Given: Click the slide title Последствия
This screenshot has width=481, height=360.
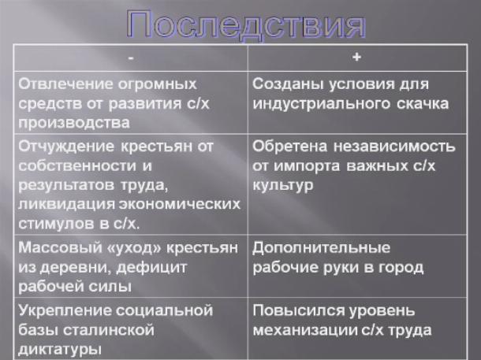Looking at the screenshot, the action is click(x=246, y=25).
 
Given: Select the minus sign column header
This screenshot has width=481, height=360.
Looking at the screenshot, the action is click(x=131, y=58).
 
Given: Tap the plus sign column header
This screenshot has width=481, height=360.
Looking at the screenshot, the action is click(x=356, y=57).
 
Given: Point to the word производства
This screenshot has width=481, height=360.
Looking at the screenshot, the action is click(x=74, y=123).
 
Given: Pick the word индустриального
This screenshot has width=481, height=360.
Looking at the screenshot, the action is click(x=321, y=104).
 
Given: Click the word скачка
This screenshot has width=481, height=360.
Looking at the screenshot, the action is click(x=423, y=104).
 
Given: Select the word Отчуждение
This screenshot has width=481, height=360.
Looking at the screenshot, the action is click(x=66, y=147).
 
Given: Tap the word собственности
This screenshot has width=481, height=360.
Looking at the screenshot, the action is click(x=76, y=166).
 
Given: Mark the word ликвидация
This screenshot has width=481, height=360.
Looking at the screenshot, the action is click(x=66, y=205).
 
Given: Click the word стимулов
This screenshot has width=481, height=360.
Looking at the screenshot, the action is click(x=56, y=224).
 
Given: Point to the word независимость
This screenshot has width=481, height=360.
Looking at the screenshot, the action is click(x=394, y=147).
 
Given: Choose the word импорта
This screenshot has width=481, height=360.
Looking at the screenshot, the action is click(x=307, y=166).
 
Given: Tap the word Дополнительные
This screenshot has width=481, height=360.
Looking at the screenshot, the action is click(x=321, y=247).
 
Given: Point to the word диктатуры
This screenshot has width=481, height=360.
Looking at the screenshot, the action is click(x=59, y=349).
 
